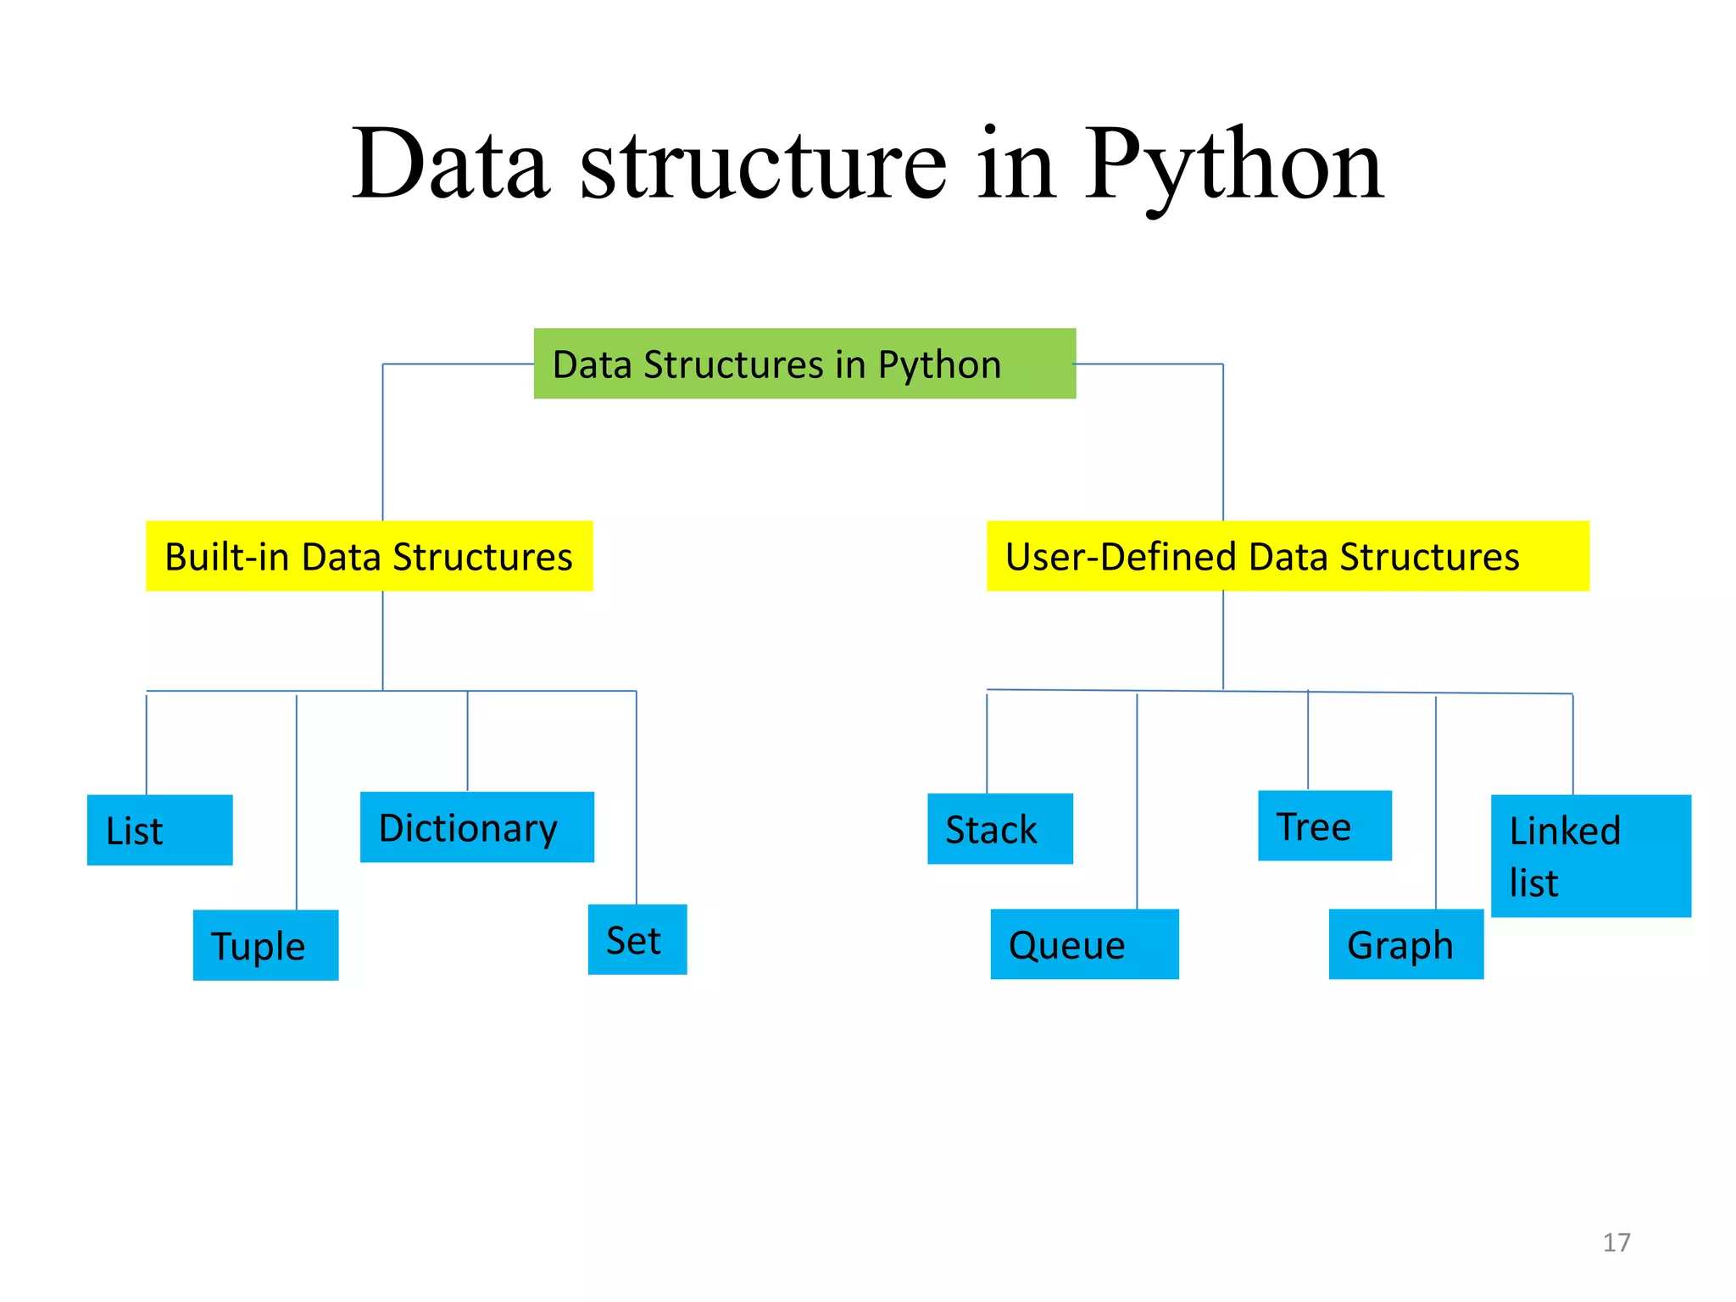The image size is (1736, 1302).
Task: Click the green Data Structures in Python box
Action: (804, 364)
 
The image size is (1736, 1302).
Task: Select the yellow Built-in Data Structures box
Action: (369, 556)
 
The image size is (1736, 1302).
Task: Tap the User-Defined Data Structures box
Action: (1287, 556)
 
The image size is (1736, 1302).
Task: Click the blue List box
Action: (159, 830)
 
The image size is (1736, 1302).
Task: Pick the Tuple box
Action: (265, 945)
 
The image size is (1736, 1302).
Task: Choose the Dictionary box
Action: (476, 827)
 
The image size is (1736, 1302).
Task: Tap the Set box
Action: (637, 939)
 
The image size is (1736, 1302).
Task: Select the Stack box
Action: (999, 829)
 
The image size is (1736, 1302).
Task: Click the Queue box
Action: (1083, 944)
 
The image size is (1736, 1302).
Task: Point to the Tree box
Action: (1324, 826)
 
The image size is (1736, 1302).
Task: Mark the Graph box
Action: (1405, 944)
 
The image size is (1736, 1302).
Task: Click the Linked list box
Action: (1590, 855)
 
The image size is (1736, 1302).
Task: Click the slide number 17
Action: (1616, 1243)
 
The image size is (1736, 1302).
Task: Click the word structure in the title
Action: (763, 165)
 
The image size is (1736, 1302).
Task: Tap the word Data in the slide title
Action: (450, 165)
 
